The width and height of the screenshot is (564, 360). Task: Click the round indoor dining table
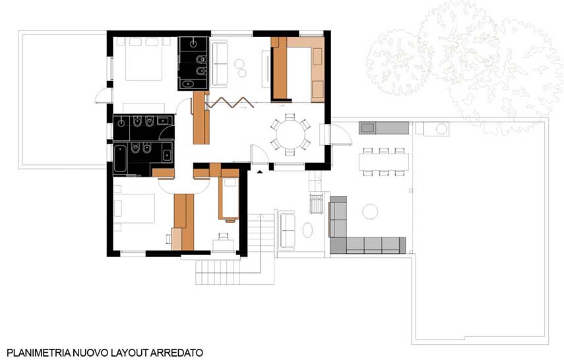290,135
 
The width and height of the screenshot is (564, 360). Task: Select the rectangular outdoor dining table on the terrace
383,162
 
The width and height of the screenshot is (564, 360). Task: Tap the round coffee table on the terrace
370,212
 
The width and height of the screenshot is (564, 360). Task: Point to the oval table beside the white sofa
307,230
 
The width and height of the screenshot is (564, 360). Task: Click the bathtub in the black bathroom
120,158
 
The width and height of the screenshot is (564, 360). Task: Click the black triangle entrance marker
260,172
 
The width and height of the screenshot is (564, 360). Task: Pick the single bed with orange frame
229,198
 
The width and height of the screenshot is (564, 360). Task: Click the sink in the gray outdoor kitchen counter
367,128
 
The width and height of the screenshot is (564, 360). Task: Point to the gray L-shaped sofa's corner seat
338,245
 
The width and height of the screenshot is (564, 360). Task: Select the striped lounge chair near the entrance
316,204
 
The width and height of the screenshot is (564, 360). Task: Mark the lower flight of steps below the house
218,272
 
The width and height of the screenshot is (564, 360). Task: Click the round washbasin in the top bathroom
193,44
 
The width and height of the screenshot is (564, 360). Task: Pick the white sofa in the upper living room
219,65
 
